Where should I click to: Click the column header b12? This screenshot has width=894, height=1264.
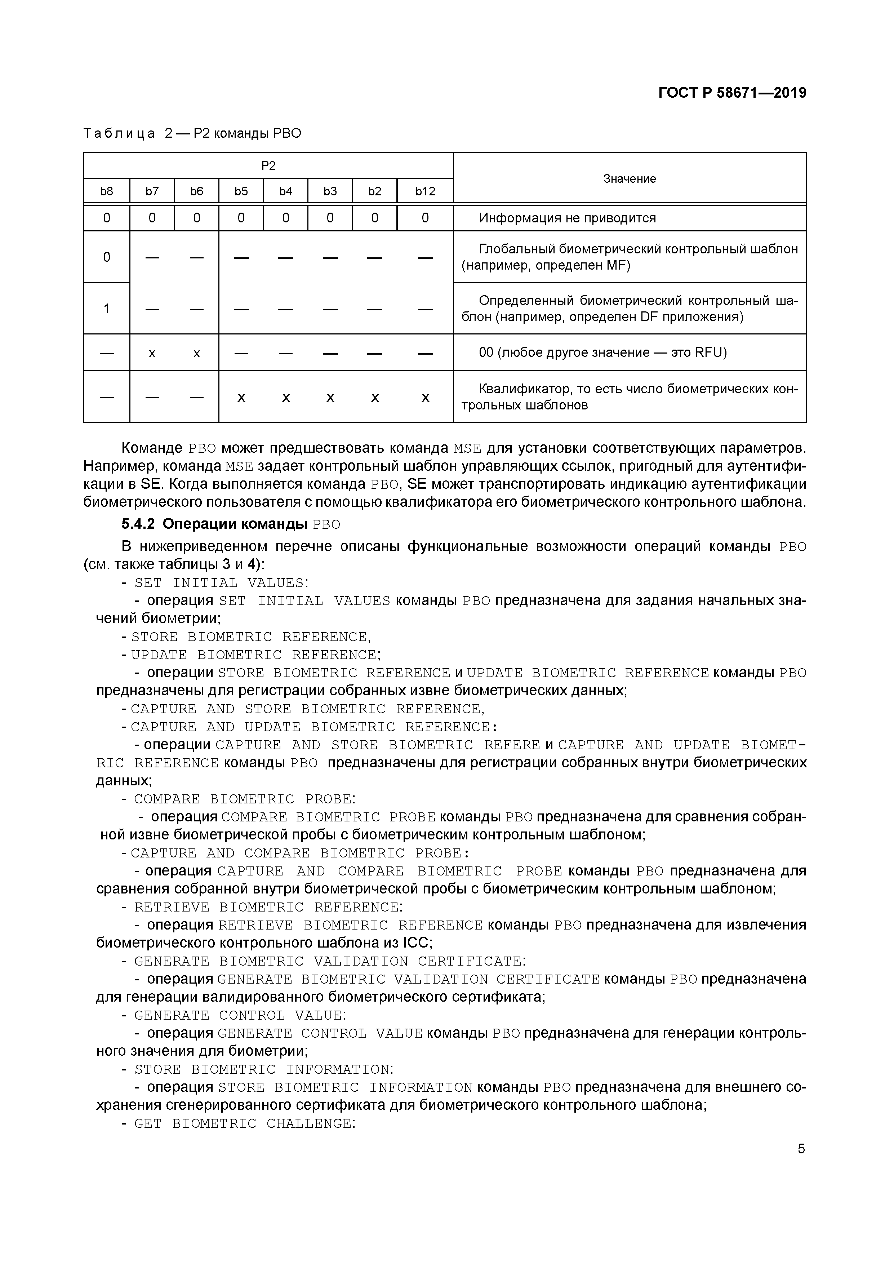point(425,191)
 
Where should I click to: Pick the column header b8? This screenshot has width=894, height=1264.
point(106,191)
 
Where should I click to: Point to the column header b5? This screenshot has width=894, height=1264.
point(241,191)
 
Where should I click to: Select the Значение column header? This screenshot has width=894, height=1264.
point(629,178)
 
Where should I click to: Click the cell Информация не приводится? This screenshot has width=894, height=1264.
point(567,218)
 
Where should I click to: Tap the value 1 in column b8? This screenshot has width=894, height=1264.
point(106,308)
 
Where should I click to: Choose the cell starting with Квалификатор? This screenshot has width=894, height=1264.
point(629,397)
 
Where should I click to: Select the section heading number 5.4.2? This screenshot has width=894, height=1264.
point(138,524)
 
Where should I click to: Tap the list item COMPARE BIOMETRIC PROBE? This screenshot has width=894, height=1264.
point(244,799)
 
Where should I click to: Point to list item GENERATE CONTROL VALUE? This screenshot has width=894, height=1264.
point(240,1015)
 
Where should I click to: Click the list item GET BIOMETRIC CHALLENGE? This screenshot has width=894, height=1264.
point(244,1124)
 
